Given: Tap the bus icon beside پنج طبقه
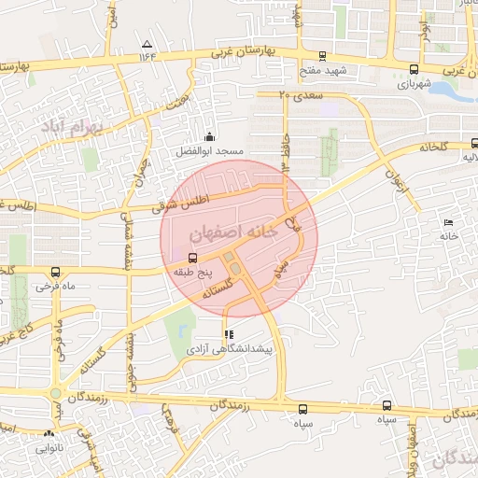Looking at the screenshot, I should point(193,258).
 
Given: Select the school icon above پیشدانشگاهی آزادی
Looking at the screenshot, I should point(228,334).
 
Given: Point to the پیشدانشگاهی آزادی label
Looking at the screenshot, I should point(230,348).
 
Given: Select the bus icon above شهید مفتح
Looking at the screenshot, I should point(323,56).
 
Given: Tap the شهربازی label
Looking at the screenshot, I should point(414,83).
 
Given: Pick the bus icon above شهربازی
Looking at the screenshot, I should point(414,69).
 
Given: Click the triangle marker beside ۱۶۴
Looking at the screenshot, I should point(147,44).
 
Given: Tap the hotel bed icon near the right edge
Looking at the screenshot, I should point(449,222).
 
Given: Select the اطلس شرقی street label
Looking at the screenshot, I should point(190,200).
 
